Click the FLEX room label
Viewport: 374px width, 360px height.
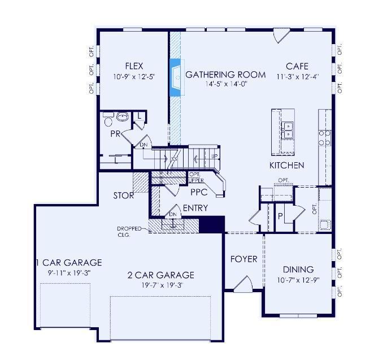tap(134, 66)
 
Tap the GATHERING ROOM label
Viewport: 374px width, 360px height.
tap(225, 75)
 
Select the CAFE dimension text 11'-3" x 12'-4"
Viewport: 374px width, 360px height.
tap(298, 77)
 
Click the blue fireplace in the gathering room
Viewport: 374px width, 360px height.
tap(176, 77)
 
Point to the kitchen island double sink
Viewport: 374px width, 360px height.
tap(288, 130)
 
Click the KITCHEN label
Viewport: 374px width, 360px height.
tap(286, 166)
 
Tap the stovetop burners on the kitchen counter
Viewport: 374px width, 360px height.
tap(325, 138)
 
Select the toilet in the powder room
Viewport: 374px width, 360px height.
tap(108, 119)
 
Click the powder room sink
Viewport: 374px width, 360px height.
tap(123, 116)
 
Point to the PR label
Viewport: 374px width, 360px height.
tap(115, 134)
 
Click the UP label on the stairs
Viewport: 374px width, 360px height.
tap(215, 156)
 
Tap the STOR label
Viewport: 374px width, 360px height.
tap(124, 196)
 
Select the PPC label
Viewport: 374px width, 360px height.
tap(199, 192)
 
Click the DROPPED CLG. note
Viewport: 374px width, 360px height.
tap(129, 232)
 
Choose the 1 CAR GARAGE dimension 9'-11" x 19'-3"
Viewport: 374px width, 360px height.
tap(69, 272)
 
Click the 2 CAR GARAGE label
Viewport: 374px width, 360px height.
tap(161, 275)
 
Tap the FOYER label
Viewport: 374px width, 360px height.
tap(243, 259)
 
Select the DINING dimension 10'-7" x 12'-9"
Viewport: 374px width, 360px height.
tap(298, 280)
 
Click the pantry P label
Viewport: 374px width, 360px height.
tap(280, 216)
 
